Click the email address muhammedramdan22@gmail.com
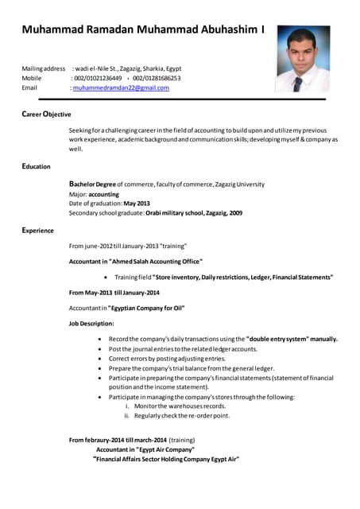(x=121, y=88)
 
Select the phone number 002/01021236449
(x=98, y=79)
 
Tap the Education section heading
(x=37, y=167)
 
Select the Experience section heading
(x=38, y=231)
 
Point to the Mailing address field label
(x=43, y=69)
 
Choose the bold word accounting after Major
(x=103, y=194)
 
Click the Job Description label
(x=91, y=324)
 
